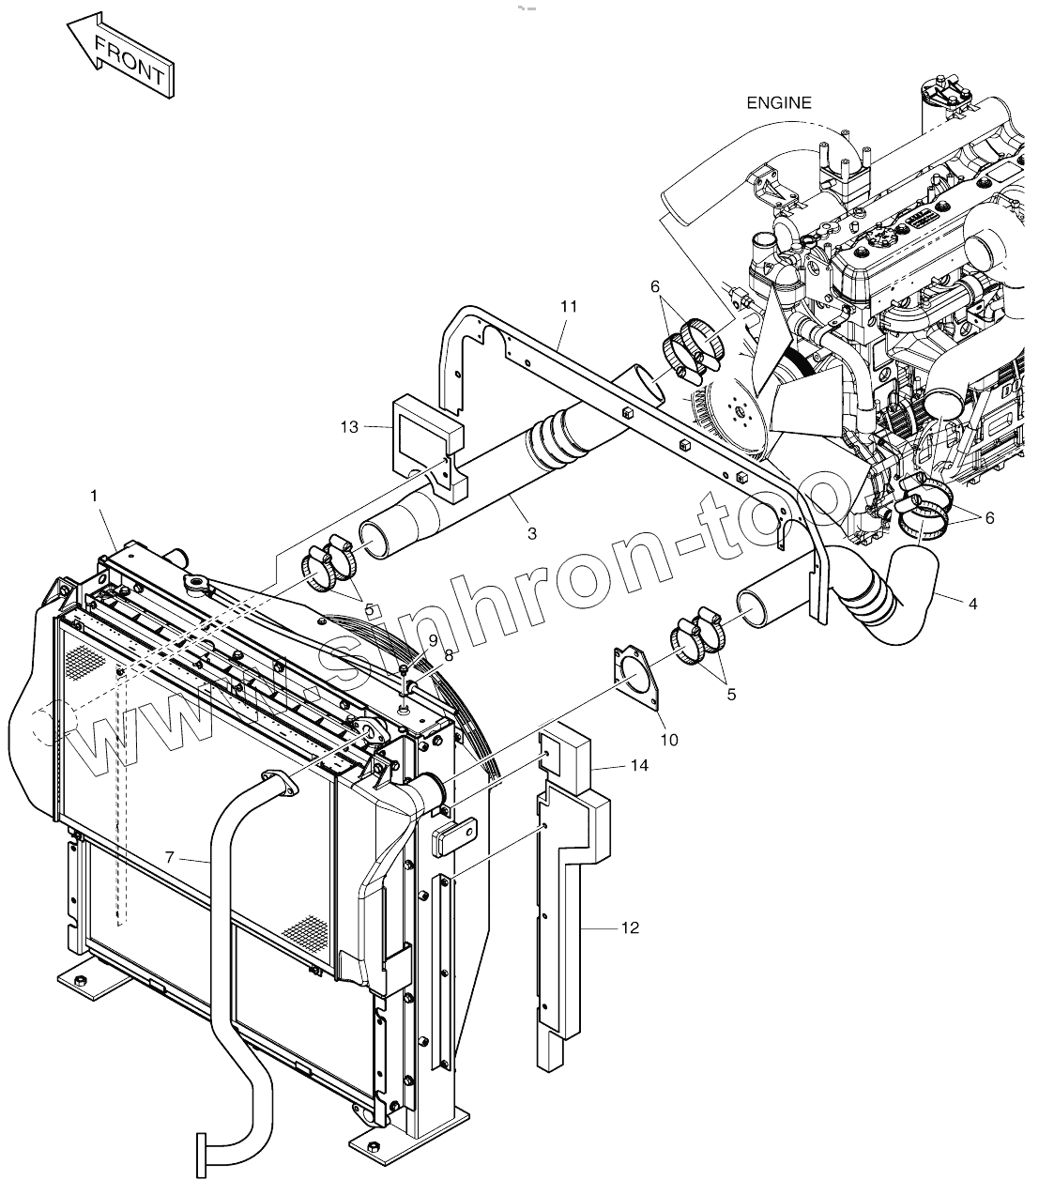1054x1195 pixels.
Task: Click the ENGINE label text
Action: (x=778, y=103)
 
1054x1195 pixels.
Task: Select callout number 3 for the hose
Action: (x=531, y=533)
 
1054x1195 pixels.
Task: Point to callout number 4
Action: (x=972, y=604)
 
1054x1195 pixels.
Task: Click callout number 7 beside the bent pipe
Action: (x=170, y=856)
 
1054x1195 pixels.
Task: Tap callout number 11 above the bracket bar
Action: (x=569, y=306)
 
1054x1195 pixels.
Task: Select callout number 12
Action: (x=630, y=927)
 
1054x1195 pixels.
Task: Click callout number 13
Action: (x=349, y=427)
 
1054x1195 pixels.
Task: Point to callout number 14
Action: (x=639, y=766)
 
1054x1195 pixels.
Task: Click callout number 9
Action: (x=432, y=639)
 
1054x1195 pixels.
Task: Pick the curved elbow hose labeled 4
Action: (x=901, y=600)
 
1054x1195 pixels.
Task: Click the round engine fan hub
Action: (x=737, y=409)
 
